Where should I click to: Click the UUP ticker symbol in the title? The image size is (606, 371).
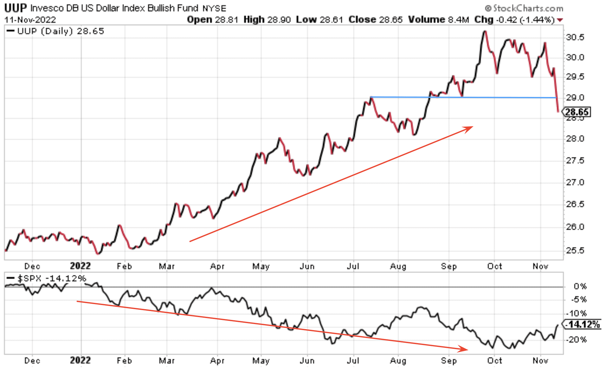[x=16, y=8]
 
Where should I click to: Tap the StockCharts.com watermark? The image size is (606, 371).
[x=524, y=8]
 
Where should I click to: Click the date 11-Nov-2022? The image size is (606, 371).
[x=30, y=20]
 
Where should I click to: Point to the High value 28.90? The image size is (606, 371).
[x=279, y=20]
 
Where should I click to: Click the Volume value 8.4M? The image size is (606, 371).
[x=458, y=20]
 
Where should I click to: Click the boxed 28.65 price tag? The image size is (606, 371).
[x=577, y=112]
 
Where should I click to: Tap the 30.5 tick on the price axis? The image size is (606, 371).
[x=575, y=37]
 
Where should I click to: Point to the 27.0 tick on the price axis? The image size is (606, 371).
[x=575, y=182]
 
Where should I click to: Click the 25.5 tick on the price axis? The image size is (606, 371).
[x=575, y=251]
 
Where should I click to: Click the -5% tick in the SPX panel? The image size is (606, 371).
[x=579, y=300]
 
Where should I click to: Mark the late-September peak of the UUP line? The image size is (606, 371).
[x=484, y=31]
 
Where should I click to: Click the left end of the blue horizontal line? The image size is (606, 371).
[x=371, y=97]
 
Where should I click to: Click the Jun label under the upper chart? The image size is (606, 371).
[x=307, y=266]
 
